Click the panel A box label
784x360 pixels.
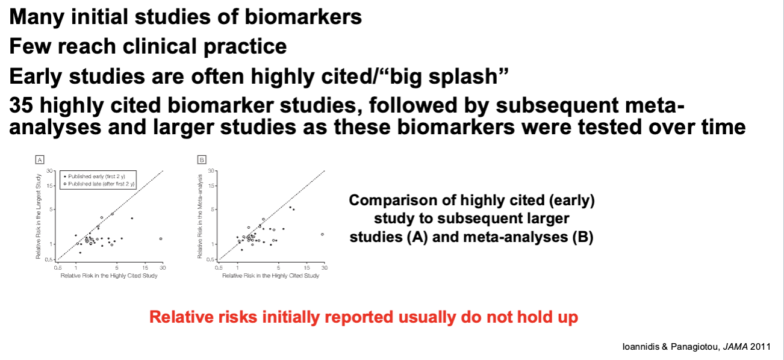[x=40, y=160]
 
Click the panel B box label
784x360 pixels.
[x=202, y=160]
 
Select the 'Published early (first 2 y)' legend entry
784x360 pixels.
[x=95, y=176]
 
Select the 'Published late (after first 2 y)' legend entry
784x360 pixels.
[x=99, y=184]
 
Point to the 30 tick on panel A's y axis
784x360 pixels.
[x=50, y=171]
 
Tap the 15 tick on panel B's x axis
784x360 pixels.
[x=307, y=268]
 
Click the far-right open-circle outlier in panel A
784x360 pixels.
[x=161, y=239]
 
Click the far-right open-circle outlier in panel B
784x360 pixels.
[x=322, y=234]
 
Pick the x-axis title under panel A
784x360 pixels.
[x=109, y=276]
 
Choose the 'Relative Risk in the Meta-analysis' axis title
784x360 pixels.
[x=200, y=217]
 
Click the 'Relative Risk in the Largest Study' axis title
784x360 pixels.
[x=38, y=217]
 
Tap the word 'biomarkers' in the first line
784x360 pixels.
[x=303, y=17]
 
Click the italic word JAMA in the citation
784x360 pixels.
[x=735, y=347]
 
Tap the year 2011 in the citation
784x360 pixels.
[x=760, y=347]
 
